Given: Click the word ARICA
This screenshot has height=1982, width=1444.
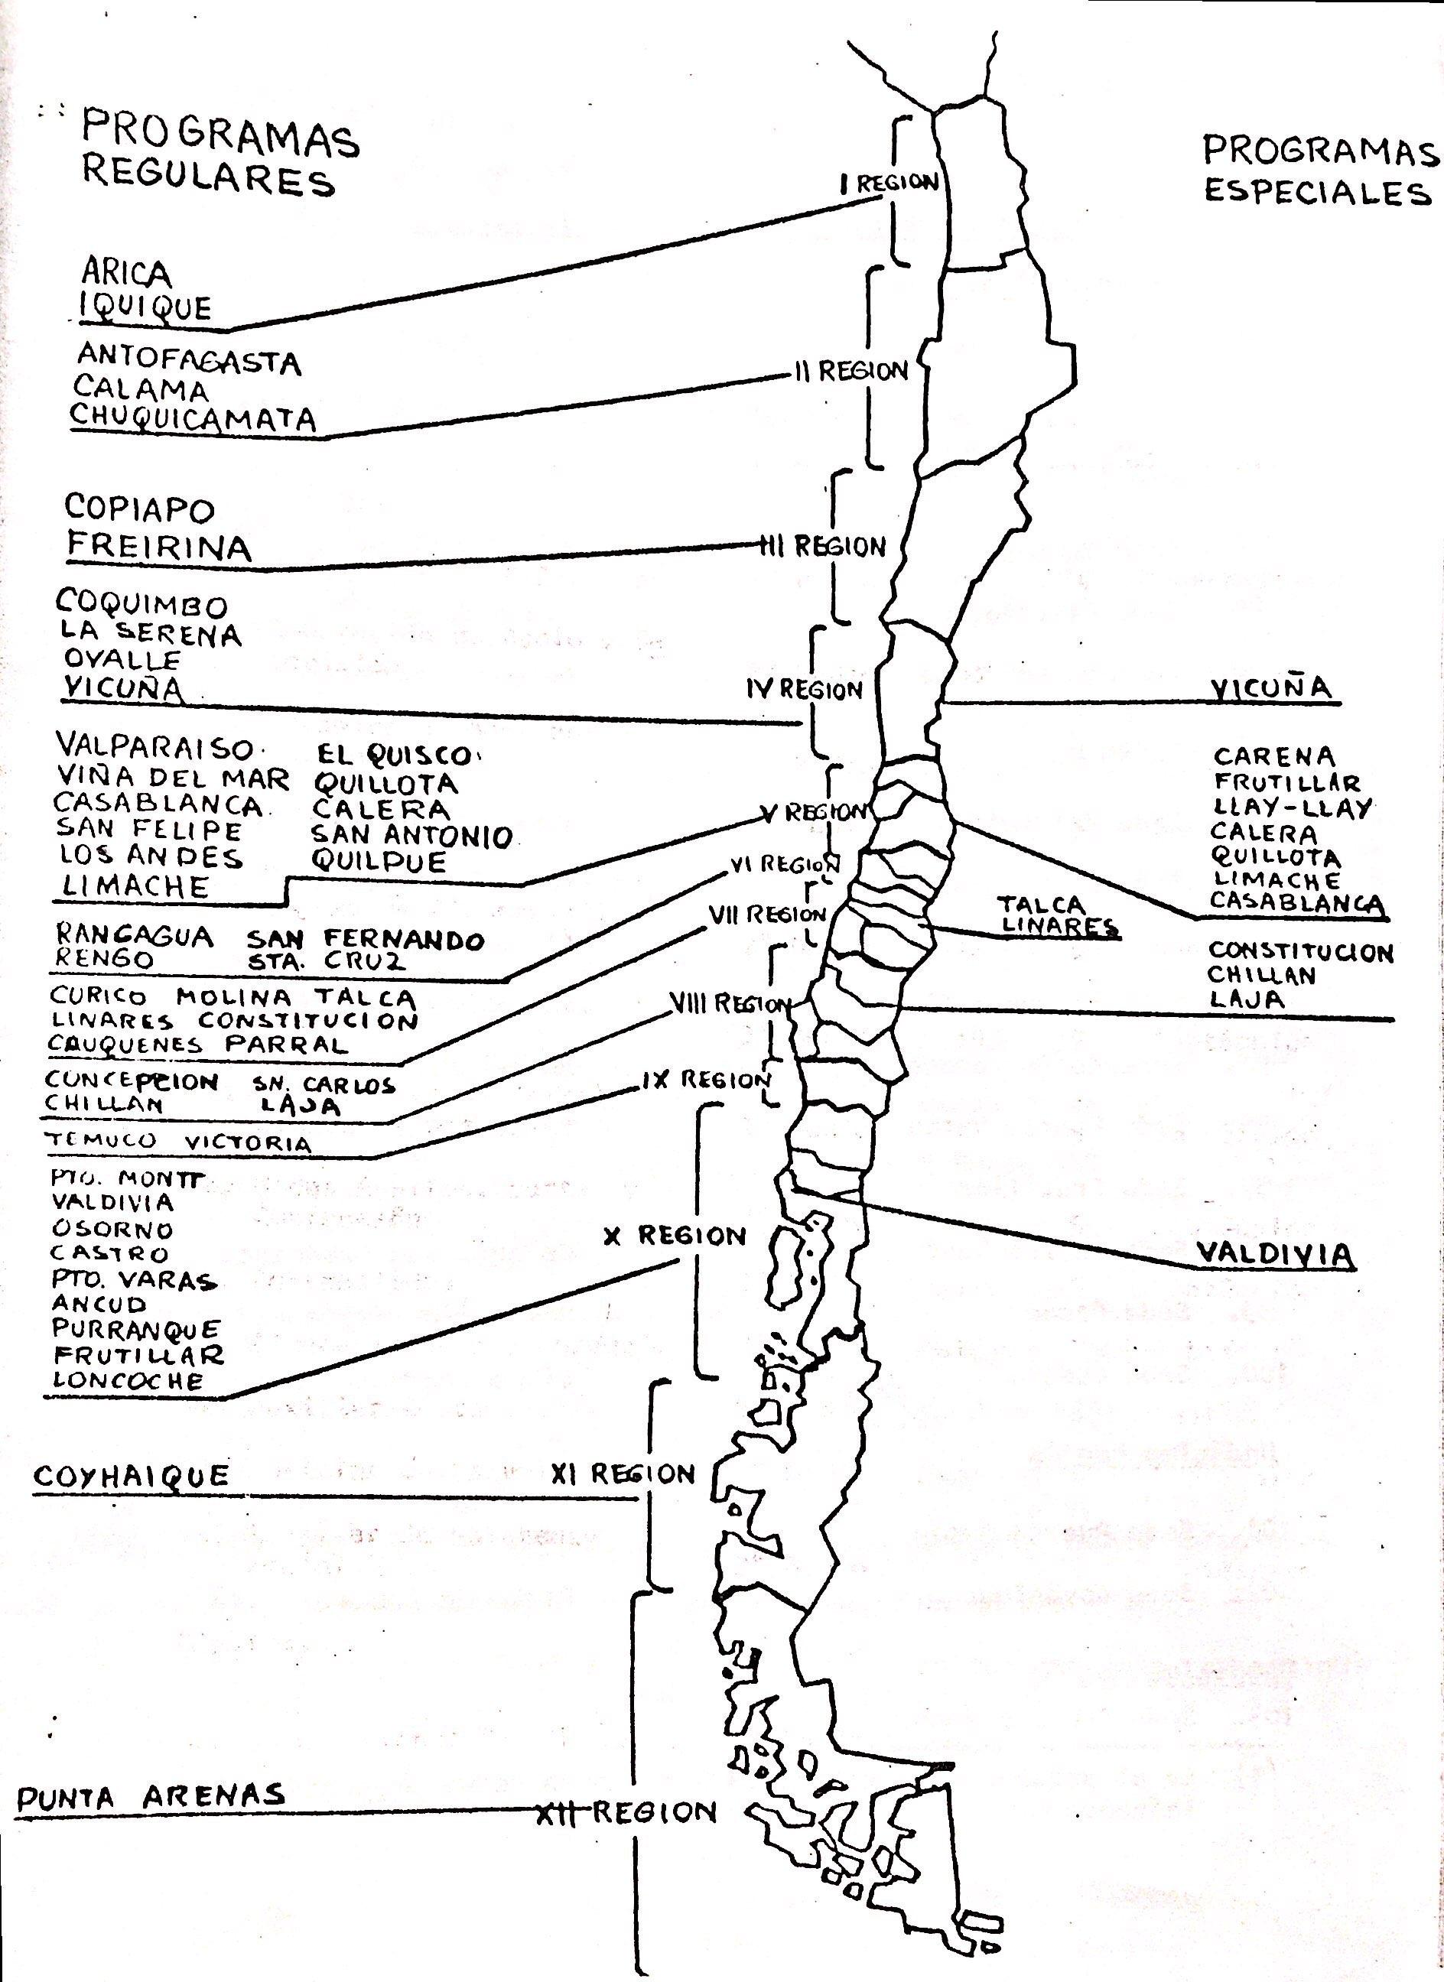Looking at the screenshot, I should [x=126, y=274].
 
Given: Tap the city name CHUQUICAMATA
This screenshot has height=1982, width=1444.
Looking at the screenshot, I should [x=192, y=418].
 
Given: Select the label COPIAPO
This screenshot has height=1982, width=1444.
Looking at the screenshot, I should [x=139, y=508].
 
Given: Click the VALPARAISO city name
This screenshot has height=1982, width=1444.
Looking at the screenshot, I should [x=154, y=748].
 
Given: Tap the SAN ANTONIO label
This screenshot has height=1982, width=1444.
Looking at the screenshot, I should [x=411, y=837].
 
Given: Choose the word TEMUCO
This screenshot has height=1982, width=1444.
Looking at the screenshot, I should [x=102, y=1139].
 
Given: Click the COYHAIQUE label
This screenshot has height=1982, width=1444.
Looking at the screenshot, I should [x=131, y=1476].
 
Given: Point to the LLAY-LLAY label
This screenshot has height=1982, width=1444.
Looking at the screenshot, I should [x=1292, y=807].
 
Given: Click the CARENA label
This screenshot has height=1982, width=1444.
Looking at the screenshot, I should [x=1273, y=757].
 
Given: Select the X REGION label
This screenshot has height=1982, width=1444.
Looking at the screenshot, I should [x=674, y=1236].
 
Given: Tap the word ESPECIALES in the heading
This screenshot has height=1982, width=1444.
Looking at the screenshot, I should [x=1316, y=191].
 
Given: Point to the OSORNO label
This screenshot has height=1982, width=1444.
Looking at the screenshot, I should [x=112, y=1229].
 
